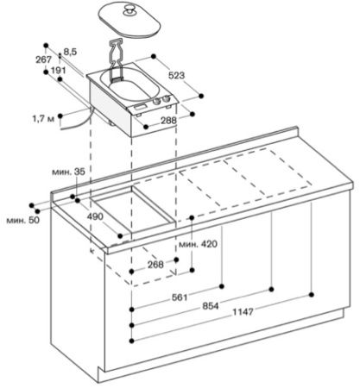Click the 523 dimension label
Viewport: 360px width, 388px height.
(x=176, y=75)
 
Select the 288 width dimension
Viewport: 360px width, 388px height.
(x=168, y=121)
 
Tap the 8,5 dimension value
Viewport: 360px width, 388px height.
(x=70, y=52)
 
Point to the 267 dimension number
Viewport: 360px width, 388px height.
(x=44, y=59)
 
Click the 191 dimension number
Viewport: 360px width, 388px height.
(x=58, y=71)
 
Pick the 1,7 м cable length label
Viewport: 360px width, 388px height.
(x=43, y=119)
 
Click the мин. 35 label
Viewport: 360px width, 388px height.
(x=68, y=172)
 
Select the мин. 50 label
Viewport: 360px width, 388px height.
(x=22, y=220)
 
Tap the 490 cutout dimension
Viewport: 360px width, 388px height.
(x=95, y=216)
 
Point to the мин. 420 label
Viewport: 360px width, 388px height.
(x=199, y=244)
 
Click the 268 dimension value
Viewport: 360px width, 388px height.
(x=155, y=265)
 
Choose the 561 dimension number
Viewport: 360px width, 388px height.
(x=180, y=297)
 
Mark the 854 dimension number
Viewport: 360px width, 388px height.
(x=211, y=306)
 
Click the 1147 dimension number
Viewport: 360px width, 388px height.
(x=243, y=312)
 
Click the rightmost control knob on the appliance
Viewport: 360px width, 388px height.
(x=166, y=99)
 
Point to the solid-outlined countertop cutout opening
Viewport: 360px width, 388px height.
(x=134, y=210)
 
